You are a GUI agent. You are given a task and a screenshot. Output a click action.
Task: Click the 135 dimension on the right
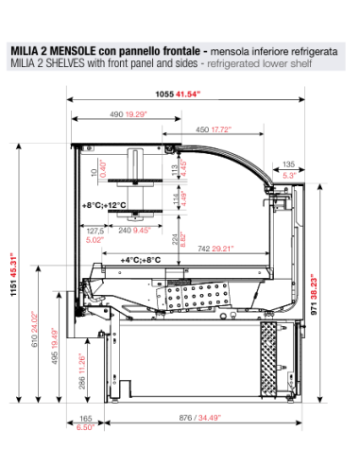click(x=289, y=162)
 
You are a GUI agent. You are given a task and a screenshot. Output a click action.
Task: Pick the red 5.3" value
click(x=289, y=175)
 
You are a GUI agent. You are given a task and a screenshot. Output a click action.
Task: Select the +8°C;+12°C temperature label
click(x=104, y=206)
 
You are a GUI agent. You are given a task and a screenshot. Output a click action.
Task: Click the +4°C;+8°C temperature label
click(x=138, y=258)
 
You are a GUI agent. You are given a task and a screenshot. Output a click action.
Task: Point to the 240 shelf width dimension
click(x=126, y=229)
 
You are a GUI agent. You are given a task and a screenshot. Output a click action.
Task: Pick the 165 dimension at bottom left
click(x=86, y=417)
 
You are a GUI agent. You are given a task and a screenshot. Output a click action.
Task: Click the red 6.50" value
click(x=86, y=428)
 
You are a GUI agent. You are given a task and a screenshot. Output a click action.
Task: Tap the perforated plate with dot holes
click(x=194, y=301)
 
